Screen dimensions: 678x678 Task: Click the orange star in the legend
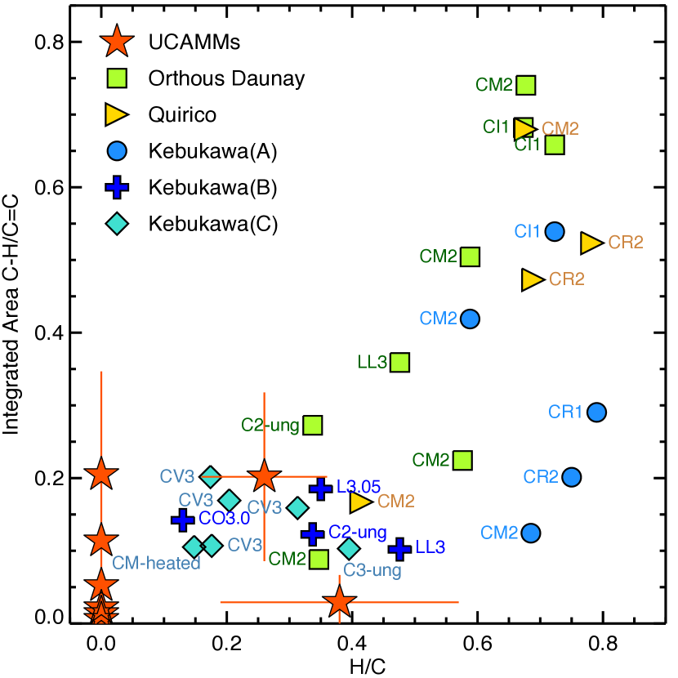click(x=117, y=41)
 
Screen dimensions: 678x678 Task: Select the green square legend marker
click(x=117, y=78)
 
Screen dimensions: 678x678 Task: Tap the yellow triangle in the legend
click(x=116, y=114)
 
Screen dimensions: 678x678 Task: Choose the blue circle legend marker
click(x=117, y=151)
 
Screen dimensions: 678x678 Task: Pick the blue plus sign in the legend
click(x=117, y=187)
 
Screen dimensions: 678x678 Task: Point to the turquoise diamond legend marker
click(x=117, y=223)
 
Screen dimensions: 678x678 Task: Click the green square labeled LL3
click(x=399, y=363)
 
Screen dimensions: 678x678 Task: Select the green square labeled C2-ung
click(x=313, y=426)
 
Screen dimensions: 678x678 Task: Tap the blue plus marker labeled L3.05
click(x=320, y=488)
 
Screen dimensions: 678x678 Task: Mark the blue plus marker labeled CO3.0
click(x=183, y=519)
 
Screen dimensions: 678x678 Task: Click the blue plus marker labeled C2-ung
click(x=312, y=533)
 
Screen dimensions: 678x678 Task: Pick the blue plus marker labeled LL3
click(x=399, y=548)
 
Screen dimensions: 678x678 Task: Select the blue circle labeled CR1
click(x=596, y=413)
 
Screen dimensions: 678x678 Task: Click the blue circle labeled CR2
click(x=571, y=477)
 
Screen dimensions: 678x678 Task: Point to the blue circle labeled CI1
click(x=555, y=232)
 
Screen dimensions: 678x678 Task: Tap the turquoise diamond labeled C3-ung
click(x=349, y=548)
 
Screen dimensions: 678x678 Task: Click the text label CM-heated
click(x=156, y=563)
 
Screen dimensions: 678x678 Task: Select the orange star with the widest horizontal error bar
click(x=339, y=603)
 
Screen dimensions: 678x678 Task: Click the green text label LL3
click(x=372, y=363)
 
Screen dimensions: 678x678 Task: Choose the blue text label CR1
click(x=565, y=413)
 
